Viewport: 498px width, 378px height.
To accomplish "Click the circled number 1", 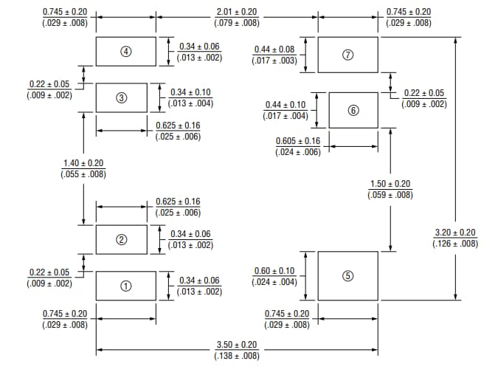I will (x=126, y=286).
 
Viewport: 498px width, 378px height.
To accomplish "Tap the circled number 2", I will (x=122, y=239).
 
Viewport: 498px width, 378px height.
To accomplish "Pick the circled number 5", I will (x=349, y=275).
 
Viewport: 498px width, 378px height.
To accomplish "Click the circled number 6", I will (x=353, y=110).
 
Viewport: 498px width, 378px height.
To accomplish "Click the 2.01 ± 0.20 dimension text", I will (x=236, y=12).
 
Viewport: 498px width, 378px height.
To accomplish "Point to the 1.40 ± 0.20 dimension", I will (x=83, y=162).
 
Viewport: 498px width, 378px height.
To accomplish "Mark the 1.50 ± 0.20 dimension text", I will (x=390, y=184).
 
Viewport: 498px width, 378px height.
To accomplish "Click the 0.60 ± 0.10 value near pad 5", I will (x=274, y=271).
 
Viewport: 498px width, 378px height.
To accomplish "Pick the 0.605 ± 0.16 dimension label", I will (x=298, y=141).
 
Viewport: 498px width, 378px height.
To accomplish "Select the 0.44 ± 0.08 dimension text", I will (x=274, y=49).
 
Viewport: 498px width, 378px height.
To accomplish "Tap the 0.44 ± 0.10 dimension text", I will (x=285, y=105).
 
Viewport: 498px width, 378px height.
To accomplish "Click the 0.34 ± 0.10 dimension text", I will (x=190, y=92).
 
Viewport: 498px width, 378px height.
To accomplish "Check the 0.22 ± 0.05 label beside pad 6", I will (x=424, y=93).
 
